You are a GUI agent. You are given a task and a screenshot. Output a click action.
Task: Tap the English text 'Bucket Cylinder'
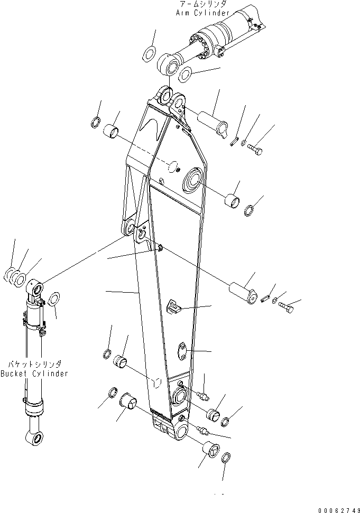pos(34,374)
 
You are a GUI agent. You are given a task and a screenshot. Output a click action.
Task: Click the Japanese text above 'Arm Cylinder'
pos(202,4)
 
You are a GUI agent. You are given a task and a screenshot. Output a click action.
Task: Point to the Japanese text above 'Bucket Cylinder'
pos(34,365)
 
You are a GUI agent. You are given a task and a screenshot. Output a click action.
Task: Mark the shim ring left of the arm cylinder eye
pos(149,53)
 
